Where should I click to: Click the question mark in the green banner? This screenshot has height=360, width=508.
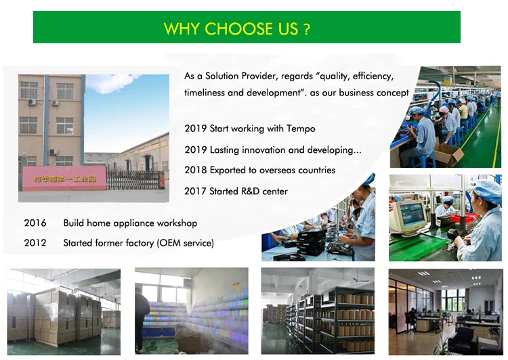(x=307, y=29)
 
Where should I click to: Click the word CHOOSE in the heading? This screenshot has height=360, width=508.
(x=239, y=29)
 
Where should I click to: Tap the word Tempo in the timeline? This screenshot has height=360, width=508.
(x=301, y=129)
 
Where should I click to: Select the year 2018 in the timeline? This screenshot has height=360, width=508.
(x=195, y=171)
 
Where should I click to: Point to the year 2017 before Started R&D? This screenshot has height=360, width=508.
(x=195, y=192)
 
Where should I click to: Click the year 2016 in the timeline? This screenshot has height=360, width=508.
(x=35, y=223)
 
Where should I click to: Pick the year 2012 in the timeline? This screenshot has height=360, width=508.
(x=35, y=243)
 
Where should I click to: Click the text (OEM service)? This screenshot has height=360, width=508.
(x=185, y=243)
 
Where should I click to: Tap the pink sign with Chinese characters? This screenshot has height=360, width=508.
(x=64, y=178)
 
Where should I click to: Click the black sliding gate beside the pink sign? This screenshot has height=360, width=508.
(x=135, y=180)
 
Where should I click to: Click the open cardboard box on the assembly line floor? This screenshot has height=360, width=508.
(x=448, y=154)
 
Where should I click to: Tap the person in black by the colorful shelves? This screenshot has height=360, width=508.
(x=142, y=319)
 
